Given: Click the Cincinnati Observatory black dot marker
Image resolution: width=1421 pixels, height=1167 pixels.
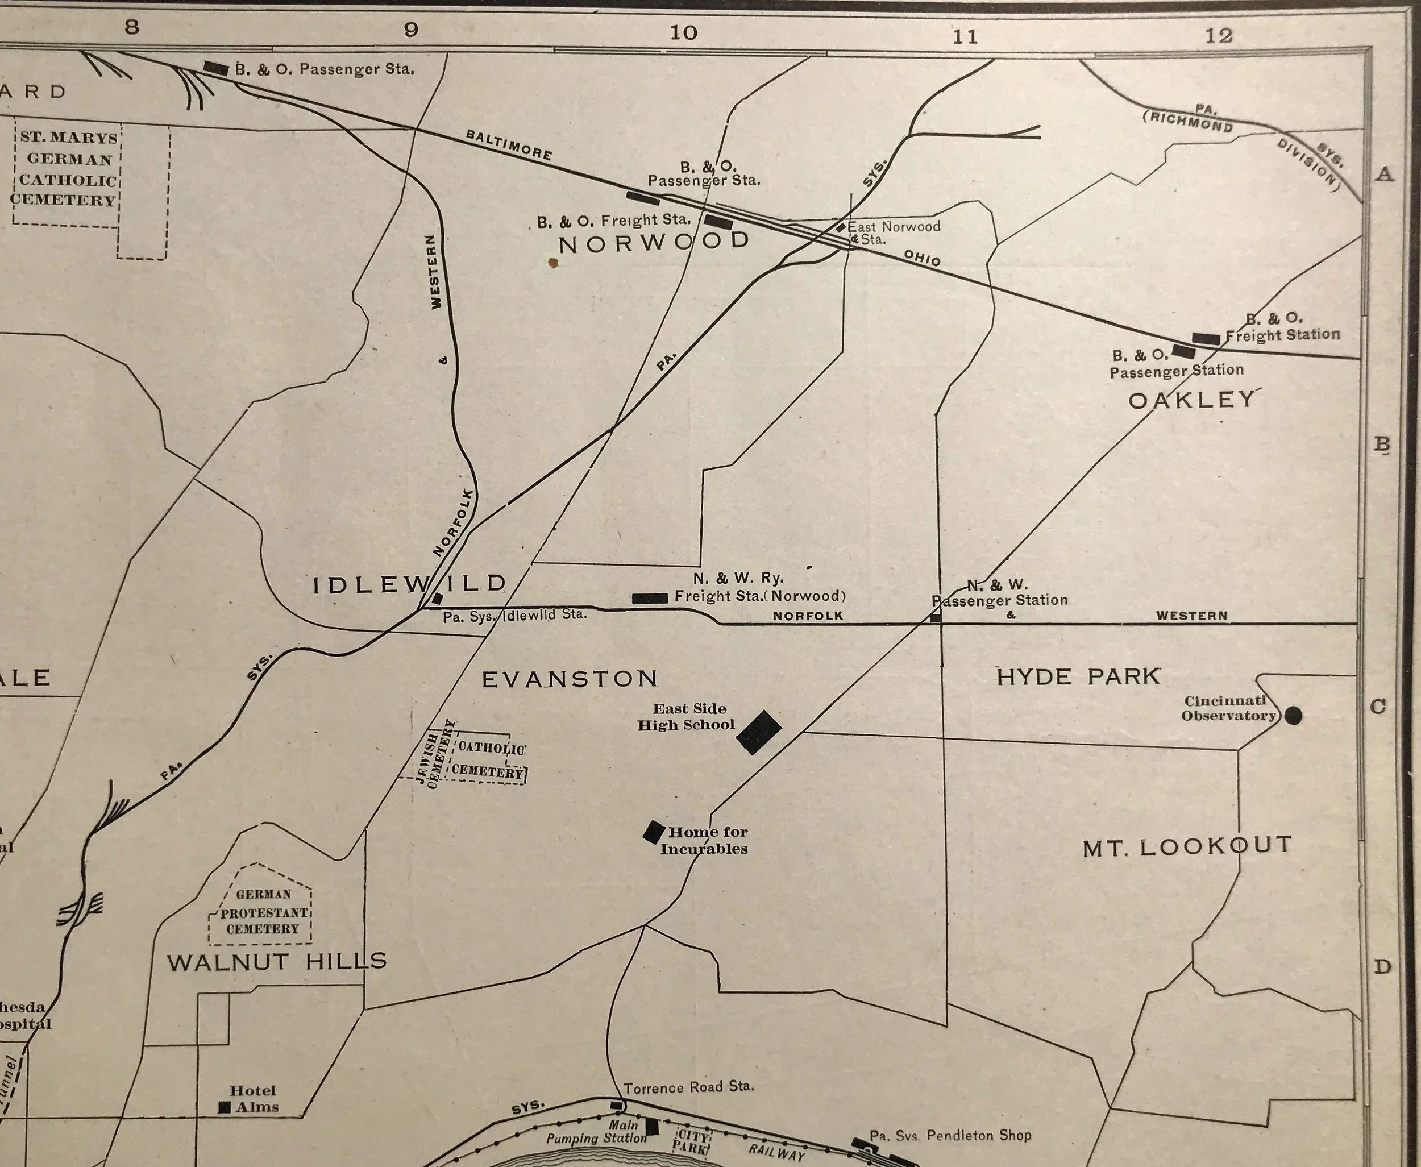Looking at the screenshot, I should tap(1293, 715).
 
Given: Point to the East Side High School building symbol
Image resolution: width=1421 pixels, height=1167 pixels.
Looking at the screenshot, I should tap(759, 732).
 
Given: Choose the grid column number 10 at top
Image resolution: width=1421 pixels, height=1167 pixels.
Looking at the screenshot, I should tap(683, 32).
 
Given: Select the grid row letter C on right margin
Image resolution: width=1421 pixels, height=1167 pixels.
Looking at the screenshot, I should tap(1378, 707).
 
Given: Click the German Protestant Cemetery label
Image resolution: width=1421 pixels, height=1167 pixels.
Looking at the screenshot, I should tap(263, 912).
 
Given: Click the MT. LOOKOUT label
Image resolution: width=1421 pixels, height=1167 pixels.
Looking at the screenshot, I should tap(1187, 846).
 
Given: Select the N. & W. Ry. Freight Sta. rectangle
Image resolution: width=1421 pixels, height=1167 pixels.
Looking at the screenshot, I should tap(649, 597).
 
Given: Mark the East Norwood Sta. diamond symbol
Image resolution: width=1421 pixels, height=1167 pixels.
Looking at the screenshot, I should tap(840, 227).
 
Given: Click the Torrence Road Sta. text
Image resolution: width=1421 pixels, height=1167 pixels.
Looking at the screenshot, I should tap(688, 1087).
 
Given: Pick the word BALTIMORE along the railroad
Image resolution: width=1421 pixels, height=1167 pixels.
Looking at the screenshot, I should tap(509, 144).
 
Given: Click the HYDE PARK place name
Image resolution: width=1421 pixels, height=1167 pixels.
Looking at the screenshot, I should tap(1078, 676).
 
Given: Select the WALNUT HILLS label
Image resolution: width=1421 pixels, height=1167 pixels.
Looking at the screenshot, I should tap(276, 961).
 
